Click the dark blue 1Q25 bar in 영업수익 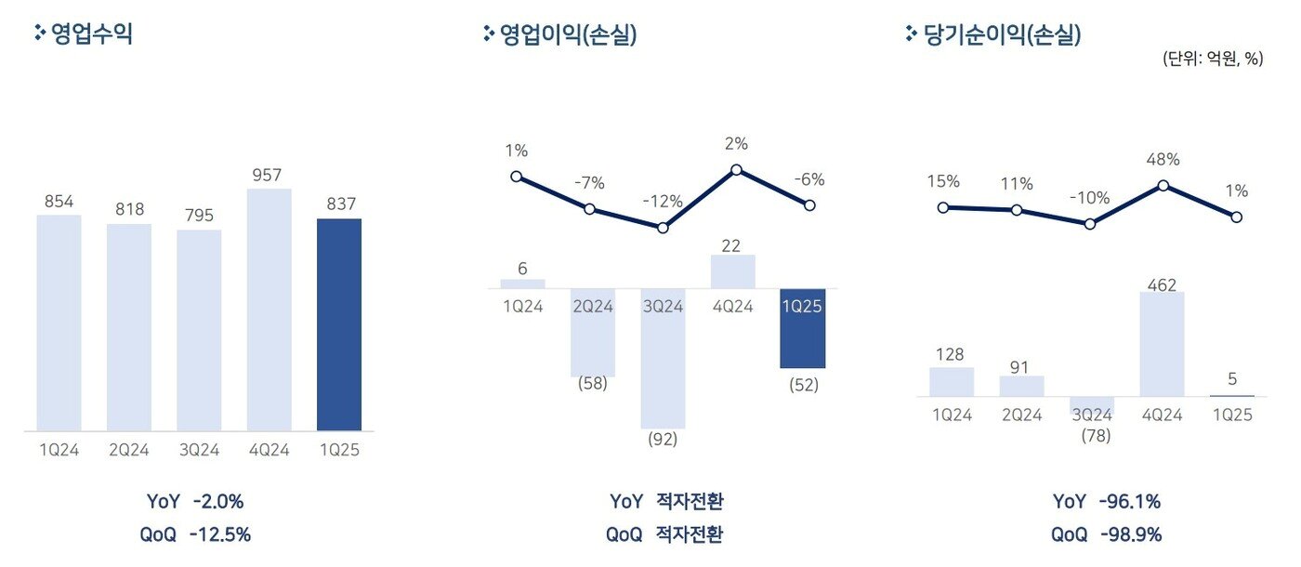(339, 324)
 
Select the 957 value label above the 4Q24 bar (269, 175)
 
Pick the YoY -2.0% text (195, 502)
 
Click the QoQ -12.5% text (195, 534)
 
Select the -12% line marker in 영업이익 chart (663, 228)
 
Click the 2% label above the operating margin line (737, 144)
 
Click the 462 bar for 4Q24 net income (1162, 344)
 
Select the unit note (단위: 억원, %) (1212, 59)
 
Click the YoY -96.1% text (1106, 502)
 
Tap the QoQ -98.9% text (1106, 534)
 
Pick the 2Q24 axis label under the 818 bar (129, 451)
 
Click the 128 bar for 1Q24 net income (952, 382)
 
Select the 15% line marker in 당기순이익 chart (944, 207)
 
